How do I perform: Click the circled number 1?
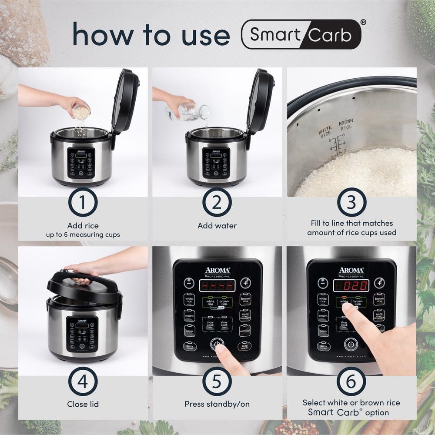click(83, 202)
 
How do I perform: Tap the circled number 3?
click(351, 202)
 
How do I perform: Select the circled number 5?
click(217, 381)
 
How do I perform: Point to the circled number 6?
click(351, 381)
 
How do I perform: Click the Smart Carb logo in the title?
click(301, 34)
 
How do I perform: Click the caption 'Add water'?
click(217, 226)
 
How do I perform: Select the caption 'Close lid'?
click(83, 404)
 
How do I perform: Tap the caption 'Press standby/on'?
click(217, 404)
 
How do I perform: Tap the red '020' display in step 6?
click(351, 285)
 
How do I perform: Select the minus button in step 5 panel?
click(189, 283)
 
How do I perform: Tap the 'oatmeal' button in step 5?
click(245, 331)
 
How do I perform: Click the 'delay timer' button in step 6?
click(323, 347)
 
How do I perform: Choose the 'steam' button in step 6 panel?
click(323, 315)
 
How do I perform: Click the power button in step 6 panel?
click(351, 345)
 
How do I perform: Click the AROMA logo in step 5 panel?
click(217, 270)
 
